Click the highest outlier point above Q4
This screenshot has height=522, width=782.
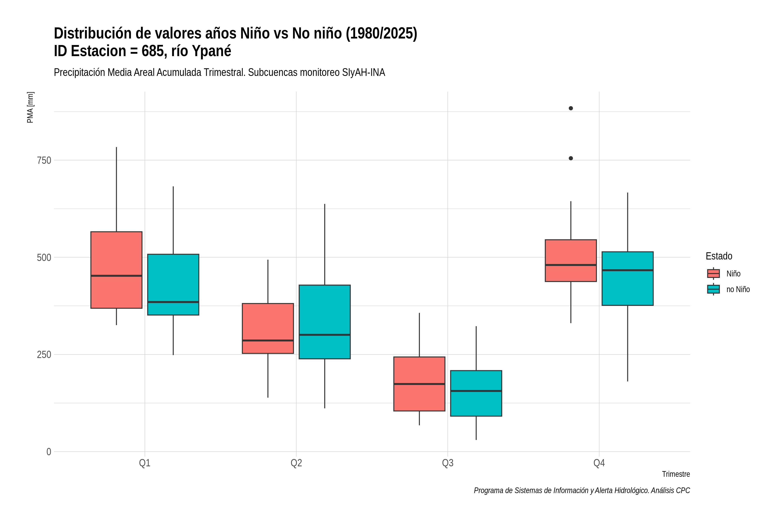571,108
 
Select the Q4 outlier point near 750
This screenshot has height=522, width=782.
571,158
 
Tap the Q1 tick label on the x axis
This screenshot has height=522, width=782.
145,463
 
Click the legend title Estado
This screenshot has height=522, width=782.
719,256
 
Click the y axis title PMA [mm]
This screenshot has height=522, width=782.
30,107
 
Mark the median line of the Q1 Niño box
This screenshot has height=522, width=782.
116,276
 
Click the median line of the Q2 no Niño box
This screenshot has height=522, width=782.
325,335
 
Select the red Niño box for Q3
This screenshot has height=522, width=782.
419,384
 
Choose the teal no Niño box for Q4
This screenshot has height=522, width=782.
627,278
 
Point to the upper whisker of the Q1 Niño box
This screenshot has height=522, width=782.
116,189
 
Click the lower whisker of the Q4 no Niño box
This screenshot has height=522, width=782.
627,343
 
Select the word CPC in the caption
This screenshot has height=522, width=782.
683,490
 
